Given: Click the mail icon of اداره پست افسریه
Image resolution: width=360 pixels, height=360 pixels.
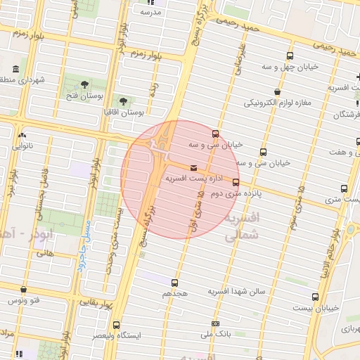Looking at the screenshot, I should [x=193, y=168].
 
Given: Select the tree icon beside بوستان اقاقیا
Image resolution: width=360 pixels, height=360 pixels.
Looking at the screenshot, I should [x=124, y=101].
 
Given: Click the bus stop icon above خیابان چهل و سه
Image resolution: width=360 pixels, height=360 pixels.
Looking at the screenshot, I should [x=290, y=56].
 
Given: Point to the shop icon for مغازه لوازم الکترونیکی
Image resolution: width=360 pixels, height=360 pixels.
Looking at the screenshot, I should [x=278, y=91].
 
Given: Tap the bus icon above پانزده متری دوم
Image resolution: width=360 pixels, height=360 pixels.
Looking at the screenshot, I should [x=235, y=182].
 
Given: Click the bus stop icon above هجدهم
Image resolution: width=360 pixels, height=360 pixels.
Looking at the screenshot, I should [x=174, y=282].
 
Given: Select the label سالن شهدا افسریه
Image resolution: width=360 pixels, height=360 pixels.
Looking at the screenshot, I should [x=236, y=291].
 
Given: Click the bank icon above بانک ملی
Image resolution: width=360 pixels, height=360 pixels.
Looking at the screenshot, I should [x=214, y=323].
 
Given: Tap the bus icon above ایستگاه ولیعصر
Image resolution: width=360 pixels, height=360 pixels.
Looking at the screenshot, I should [x=116, y=325].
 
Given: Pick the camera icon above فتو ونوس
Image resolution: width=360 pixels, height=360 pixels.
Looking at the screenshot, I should [x=24, y=290].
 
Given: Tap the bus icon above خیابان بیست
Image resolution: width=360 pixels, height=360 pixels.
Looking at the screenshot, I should [x=315, y=297].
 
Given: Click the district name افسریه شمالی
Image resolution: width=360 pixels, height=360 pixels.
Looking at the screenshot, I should [x=241, y=228].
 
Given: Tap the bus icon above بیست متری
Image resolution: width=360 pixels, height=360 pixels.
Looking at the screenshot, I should [x=344, y=188].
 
